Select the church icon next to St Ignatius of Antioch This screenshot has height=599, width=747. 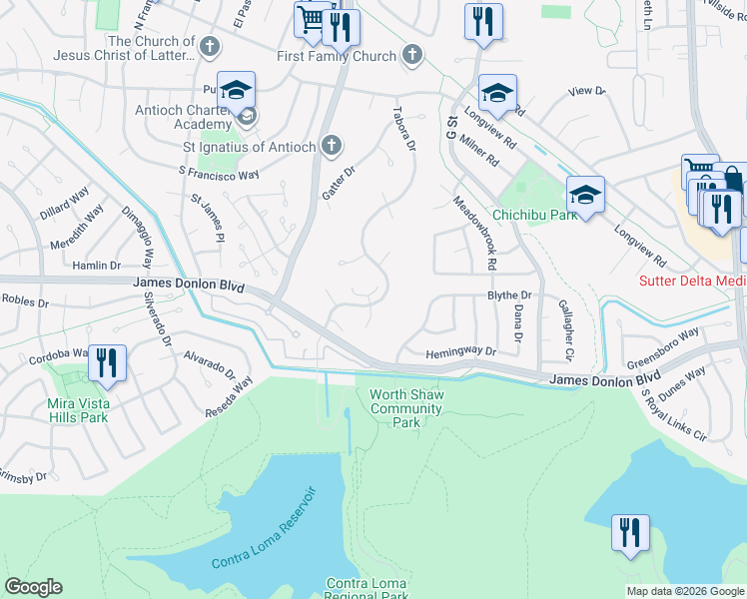(333, 147)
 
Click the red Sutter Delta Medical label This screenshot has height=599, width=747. (692, 281)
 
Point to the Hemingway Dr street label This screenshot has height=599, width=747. (460, 352)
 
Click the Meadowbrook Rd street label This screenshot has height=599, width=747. (475, 233)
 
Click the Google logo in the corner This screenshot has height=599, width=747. (33, 587)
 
